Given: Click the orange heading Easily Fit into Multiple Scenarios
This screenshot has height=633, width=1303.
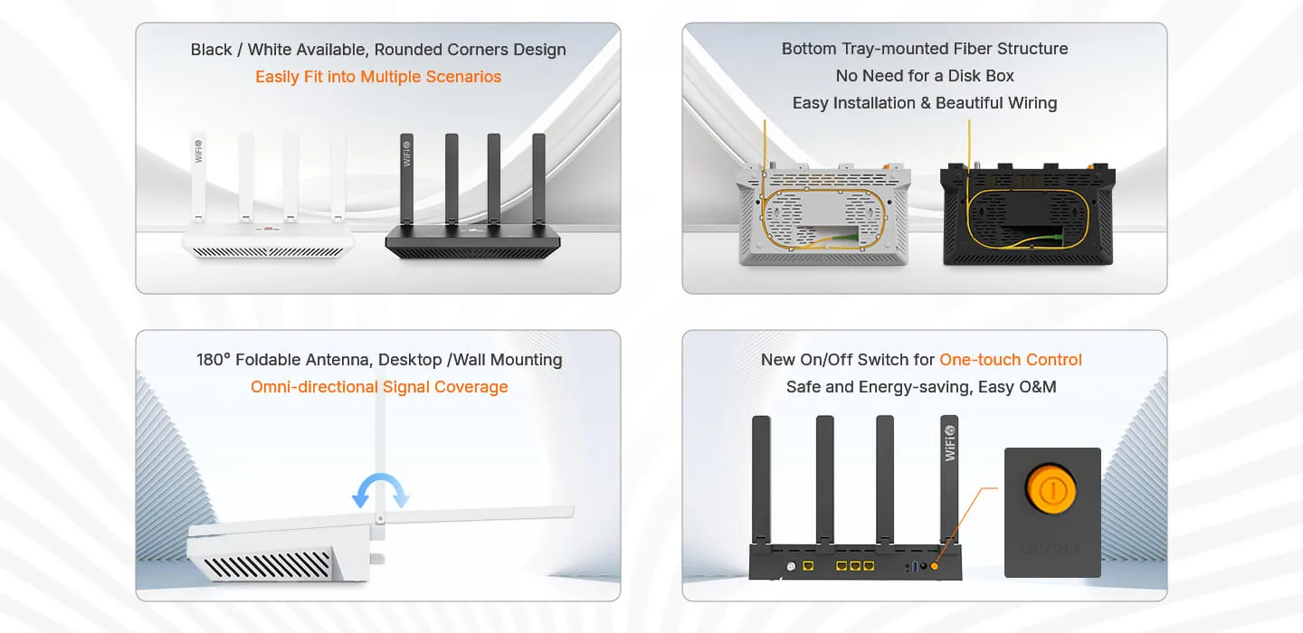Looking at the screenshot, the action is (378, 77).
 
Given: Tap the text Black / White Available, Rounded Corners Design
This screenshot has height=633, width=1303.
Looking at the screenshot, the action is (378, 50).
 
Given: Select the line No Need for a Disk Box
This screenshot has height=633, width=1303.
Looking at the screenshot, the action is (925, 76).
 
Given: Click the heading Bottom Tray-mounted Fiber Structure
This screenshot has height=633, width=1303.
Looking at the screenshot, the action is (925, 49).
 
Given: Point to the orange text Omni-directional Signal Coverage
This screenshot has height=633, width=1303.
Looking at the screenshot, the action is (379, 386).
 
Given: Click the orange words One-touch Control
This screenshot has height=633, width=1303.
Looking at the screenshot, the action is (1011, 360).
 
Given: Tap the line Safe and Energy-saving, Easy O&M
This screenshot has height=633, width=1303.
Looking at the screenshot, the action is (921, 387).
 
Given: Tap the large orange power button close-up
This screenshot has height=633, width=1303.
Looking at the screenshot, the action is (1051, 489).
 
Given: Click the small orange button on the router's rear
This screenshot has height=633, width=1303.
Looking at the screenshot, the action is (934, 566).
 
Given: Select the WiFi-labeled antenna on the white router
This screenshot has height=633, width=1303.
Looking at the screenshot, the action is (198, 177).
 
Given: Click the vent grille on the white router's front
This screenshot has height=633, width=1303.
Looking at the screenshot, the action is (268, 252).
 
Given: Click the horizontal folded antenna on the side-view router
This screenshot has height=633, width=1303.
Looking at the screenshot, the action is (478, 514).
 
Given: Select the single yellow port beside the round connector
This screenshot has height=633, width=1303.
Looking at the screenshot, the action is (808, 565).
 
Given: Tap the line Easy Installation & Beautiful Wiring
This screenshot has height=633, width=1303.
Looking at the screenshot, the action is (925, 103).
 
